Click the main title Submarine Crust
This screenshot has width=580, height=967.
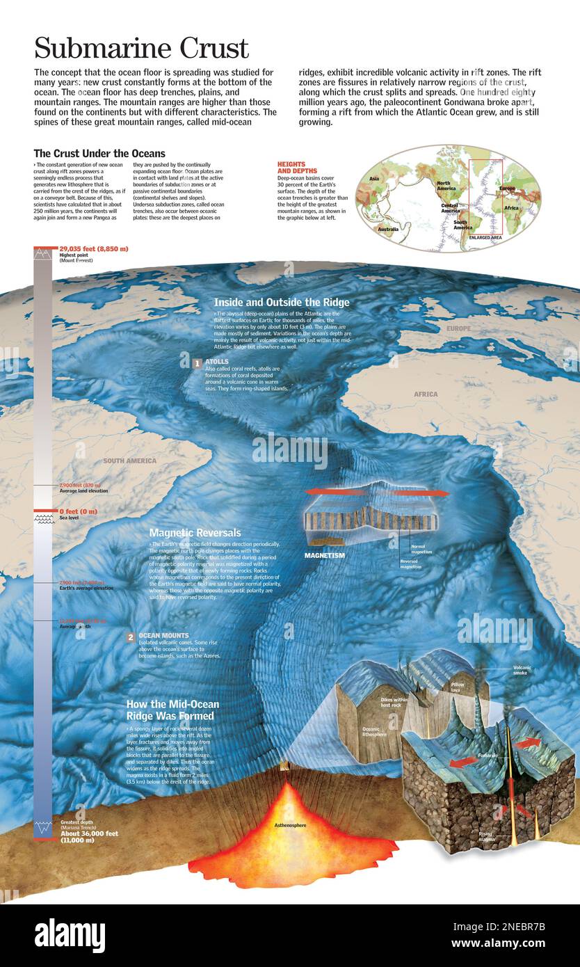(141, 48)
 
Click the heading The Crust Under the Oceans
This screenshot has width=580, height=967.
(99, 153)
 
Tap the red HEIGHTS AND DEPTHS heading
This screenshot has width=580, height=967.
(297, 168)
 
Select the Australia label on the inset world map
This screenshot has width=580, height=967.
(388, 229)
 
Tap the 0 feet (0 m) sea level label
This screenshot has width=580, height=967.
(79, 511)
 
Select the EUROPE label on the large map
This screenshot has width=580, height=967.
(458, 328)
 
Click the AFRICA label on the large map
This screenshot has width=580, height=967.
(426, 394)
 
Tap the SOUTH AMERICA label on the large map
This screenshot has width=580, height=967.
(130, 461)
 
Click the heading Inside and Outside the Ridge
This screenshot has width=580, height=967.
(281, 302)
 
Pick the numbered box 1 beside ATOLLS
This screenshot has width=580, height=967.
(197, 362)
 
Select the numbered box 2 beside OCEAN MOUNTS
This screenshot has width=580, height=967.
(131, 637)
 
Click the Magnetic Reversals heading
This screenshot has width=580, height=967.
(195, 532)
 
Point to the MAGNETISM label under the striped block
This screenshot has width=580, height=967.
(325, 555)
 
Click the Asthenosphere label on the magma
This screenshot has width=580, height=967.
(291, 825)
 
